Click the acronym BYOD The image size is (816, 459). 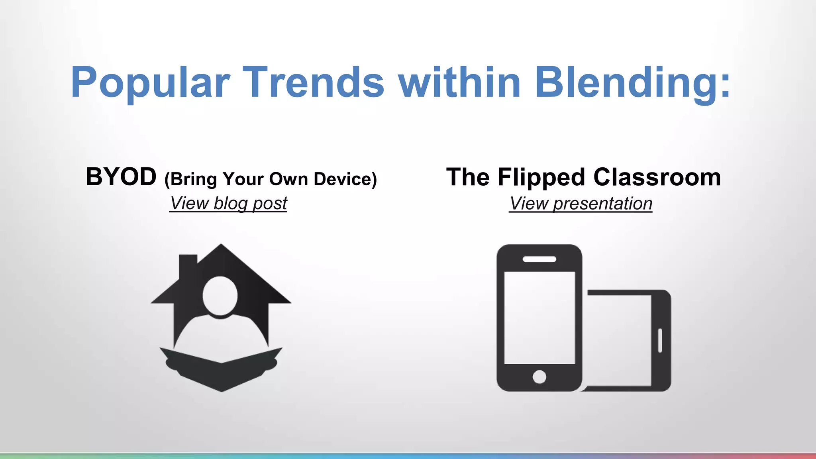click(x=121, y=177)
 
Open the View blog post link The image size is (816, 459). click(x=228, y=204)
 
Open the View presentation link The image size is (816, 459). click(x=581, y=204)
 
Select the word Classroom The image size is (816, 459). click(x=657, y=177)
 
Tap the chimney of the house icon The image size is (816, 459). click(x=188, y=265)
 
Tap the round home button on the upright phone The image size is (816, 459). click(x=539, y=377)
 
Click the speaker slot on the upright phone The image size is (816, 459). click(x=539, y=259)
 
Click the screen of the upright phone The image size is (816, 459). click(x=539, y=318)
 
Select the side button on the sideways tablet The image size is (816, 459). click(x=660, y=341)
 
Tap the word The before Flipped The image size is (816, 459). click(x=468, y=177)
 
